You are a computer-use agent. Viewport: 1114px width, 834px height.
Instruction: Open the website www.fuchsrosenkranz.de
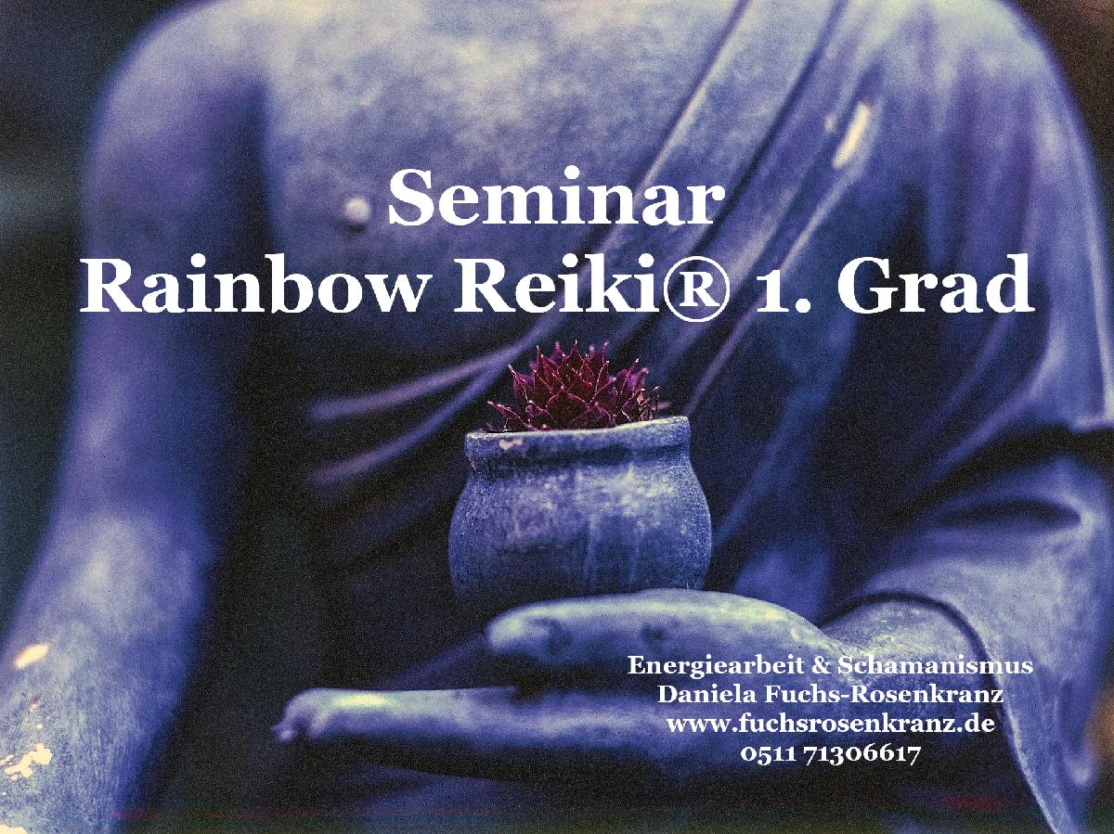830,724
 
